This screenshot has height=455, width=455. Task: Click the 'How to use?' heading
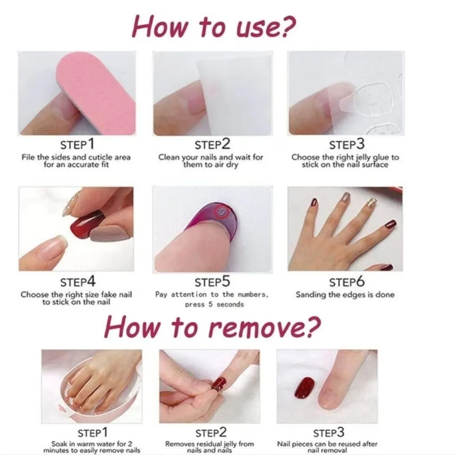click(214, 27)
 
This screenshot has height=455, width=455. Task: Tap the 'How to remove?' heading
click(213, 327)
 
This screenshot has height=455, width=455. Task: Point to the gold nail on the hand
click(371, 201)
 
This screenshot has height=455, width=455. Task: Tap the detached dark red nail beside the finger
click(304, 388)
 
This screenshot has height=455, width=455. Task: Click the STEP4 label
click(78, 282)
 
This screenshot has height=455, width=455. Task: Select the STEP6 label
click(347, 282)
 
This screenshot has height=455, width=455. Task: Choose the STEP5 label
click(212, 282)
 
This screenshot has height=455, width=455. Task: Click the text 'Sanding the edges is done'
click(345, 294)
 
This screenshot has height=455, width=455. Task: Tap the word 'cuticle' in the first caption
click(100, 157)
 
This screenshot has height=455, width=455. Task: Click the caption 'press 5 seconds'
click(214, 305)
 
